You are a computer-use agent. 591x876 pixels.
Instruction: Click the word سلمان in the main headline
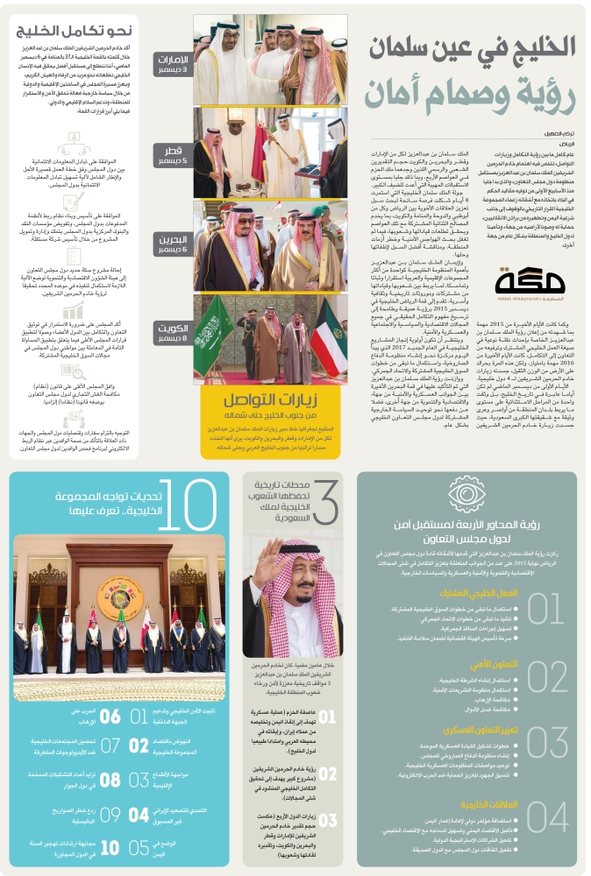[420, 46]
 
